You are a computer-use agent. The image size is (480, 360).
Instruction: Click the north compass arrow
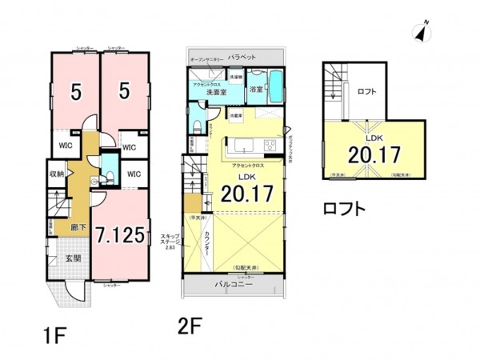click(418, 32)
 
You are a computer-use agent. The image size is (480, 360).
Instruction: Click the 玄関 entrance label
click(73, 258)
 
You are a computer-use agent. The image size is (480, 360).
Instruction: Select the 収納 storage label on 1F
click(56, 173)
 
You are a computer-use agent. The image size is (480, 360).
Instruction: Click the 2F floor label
click(190, 329)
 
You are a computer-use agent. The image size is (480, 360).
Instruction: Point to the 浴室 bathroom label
click(256, 88)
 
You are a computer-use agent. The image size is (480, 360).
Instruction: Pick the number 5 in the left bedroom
click(74, 93)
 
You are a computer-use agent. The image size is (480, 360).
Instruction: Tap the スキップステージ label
click(170, 239)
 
